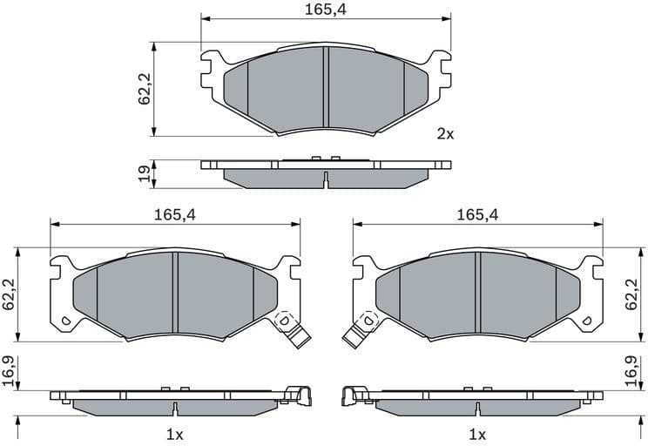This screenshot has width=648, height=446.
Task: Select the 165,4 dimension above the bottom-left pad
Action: (174, 214)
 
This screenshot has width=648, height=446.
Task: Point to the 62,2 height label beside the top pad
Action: (145, 88)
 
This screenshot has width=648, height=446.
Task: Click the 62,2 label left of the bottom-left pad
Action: (9, 294)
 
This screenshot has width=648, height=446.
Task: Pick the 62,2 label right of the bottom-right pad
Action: (639, 294)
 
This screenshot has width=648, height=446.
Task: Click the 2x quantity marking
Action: (445, 134)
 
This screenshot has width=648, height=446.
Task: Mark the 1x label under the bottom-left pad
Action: (174, 434)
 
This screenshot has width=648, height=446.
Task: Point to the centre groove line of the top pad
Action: (326, 86)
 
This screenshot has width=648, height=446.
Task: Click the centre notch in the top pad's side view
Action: (326, 180)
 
